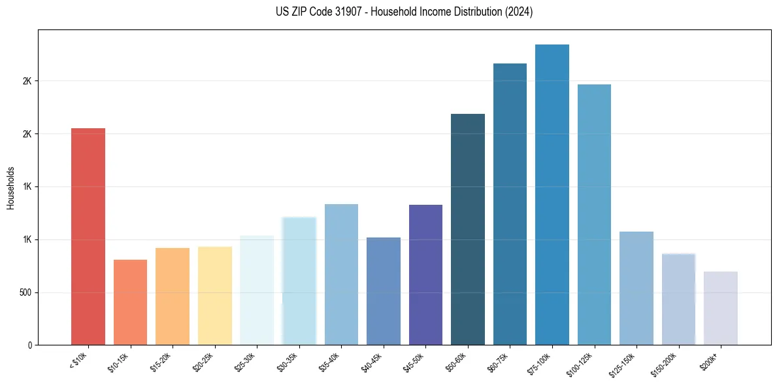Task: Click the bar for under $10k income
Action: coord(88,236)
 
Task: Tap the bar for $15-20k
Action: coord(173,296)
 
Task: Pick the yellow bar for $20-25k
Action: coord(214,296)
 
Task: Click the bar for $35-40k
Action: coord(341,275)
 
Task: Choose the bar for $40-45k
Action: coord(384,291)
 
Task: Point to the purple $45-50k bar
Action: coord(425,275)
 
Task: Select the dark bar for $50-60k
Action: coord(468,229)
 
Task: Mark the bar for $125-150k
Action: coord(636,288)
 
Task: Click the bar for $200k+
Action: coord(721,308)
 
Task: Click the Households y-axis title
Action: coord(10,188)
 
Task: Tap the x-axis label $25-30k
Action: coord(246,363)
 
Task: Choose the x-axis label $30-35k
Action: coord(288,363)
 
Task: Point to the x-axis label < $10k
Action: coord(78,362)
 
